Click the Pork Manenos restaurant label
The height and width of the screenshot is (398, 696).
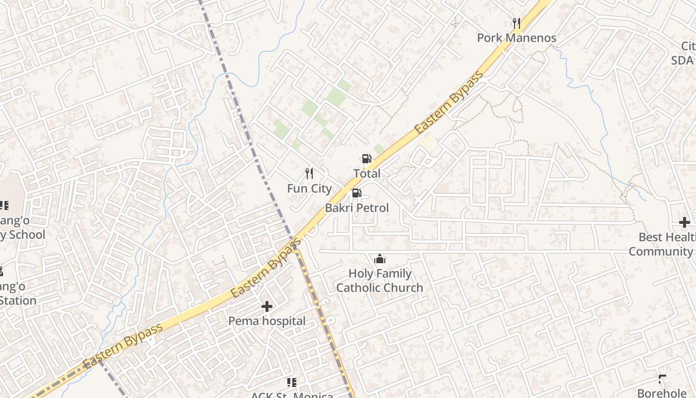(517, 38)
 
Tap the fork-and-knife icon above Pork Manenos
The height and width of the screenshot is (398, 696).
(517, 23)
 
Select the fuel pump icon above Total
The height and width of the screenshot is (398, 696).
(366, 159)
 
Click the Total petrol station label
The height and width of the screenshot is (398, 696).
(367, 174)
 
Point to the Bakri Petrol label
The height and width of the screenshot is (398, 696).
(357, 208)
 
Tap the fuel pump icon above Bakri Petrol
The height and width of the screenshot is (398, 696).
(356, 194)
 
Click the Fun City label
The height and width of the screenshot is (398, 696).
(309, 189)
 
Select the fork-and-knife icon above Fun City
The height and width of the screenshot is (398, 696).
(309, 173)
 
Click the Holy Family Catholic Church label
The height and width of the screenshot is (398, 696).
(380, 281)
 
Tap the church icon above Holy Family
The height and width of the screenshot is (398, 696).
(380, 259)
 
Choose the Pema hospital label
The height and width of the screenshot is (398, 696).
(267, 321)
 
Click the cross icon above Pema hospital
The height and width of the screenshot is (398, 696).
(267, 306)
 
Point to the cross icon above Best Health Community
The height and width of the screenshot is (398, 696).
(685, 222)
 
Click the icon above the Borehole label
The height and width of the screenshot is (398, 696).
(662, 379)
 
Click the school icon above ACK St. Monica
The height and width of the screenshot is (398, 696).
(292, 382)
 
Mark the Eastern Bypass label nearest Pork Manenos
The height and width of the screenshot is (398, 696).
(449, 103)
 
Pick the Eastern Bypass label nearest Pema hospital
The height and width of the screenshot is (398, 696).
(266, 269)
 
